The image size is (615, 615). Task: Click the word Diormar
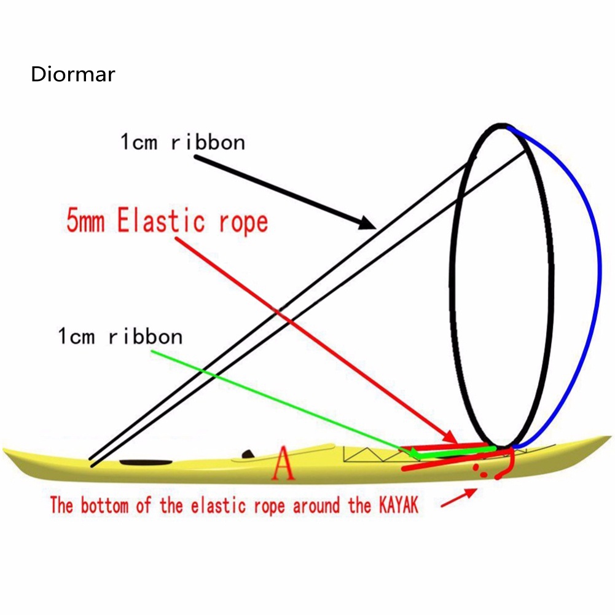pyautogui.click(x=72, y=75)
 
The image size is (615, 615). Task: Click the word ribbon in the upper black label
pyautogui.click(x=208, y=143)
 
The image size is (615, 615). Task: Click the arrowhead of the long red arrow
pyautogui.click(x=450, y=439)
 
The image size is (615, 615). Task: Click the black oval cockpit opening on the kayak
pyautogui.click(x=146, y=462)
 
